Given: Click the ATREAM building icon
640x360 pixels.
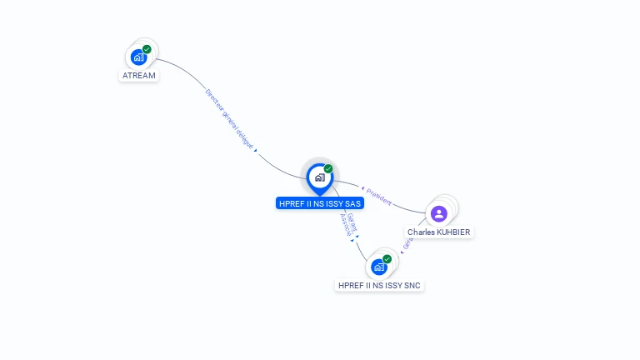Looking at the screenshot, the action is (139, 57).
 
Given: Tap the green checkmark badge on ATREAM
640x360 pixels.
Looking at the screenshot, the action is (147, 49).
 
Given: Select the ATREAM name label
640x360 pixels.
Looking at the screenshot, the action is (139, 76).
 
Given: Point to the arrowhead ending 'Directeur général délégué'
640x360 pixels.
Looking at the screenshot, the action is (255, 151).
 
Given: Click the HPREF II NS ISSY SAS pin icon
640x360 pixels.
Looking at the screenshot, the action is (319, 177).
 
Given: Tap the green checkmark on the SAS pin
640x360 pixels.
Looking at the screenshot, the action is (328, 168).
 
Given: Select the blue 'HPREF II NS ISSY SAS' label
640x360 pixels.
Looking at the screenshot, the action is (320, 203).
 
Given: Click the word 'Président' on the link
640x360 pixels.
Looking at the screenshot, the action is (378, 197).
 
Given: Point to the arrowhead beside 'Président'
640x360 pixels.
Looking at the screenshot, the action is (362, 189).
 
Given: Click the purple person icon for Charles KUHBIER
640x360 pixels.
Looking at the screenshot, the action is (439, 213).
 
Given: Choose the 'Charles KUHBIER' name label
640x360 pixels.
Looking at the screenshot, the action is (439, 232).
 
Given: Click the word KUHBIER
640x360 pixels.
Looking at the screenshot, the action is (453, 232).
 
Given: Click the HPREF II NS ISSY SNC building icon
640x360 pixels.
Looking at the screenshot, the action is (379, 267).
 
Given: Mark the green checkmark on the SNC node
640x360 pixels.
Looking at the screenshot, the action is (387, 259).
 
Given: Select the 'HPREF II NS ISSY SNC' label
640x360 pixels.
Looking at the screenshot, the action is (379, 285).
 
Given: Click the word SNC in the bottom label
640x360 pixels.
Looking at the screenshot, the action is (412, 285).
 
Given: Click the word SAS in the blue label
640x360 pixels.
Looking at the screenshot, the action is (352, 203).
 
